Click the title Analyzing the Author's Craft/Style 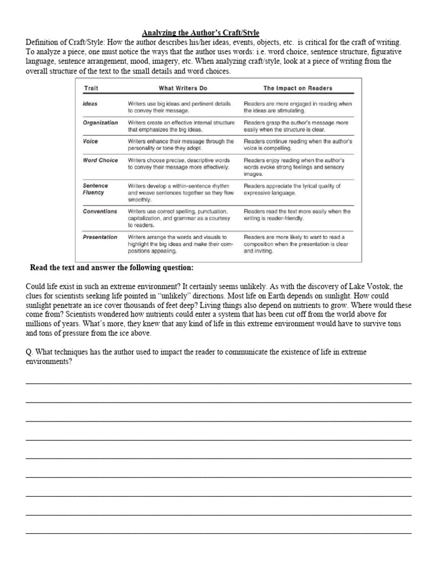pos(200,33)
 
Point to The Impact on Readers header pos(298,88)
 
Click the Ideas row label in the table pos(90,104)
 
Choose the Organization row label pos(100,123)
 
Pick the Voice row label pos(90,141)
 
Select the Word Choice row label pos(100,161)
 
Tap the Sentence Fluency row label pos(95,189)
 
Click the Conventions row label pos(100,212)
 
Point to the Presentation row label pos(100,237)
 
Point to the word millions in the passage pos(42,323)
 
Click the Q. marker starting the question pos(30,352)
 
